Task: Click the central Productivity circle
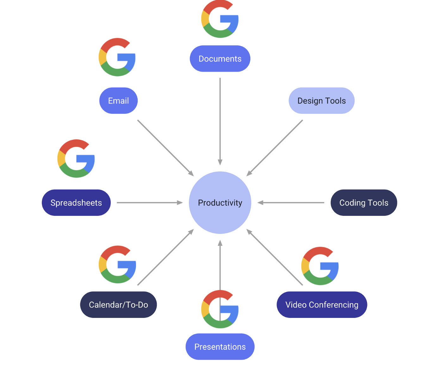coord(220,203)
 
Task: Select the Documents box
coord(220,59)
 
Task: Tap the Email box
coord(118,100)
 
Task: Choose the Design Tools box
coord(321,100)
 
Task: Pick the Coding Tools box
coord(364,203)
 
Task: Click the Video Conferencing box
coord(322,305)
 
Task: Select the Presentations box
coord(220,346)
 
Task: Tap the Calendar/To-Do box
coord(118,305)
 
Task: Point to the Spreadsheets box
coord(76,203)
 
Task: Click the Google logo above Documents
coord(220,19)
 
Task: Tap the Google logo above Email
coord(117,57)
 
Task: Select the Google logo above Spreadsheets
coord(76,158)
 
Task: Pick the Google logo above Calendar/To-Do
coord(117,264)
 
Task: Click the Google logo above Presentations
coord(220,309)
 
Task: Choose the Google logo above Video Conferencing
coord(320,266)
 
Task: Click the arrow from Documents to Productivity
coord(220,120)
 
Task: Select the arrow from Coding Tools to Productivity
coord(291,203)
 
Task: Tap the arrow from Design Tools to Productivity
coord(275,148)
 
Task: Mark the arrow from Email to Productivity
coord(165,148)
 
